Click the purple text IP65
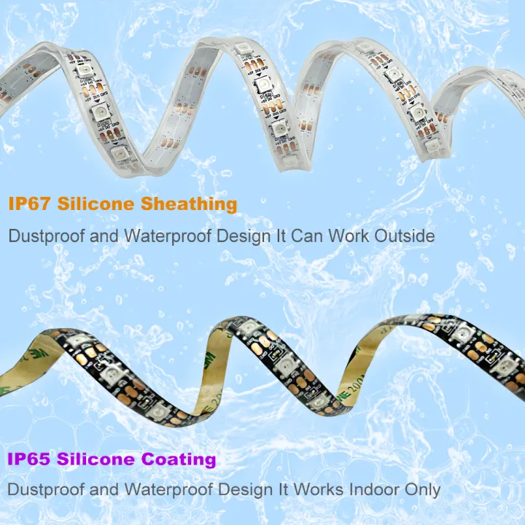(30, 459)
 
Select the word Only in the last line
(421, 489)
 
